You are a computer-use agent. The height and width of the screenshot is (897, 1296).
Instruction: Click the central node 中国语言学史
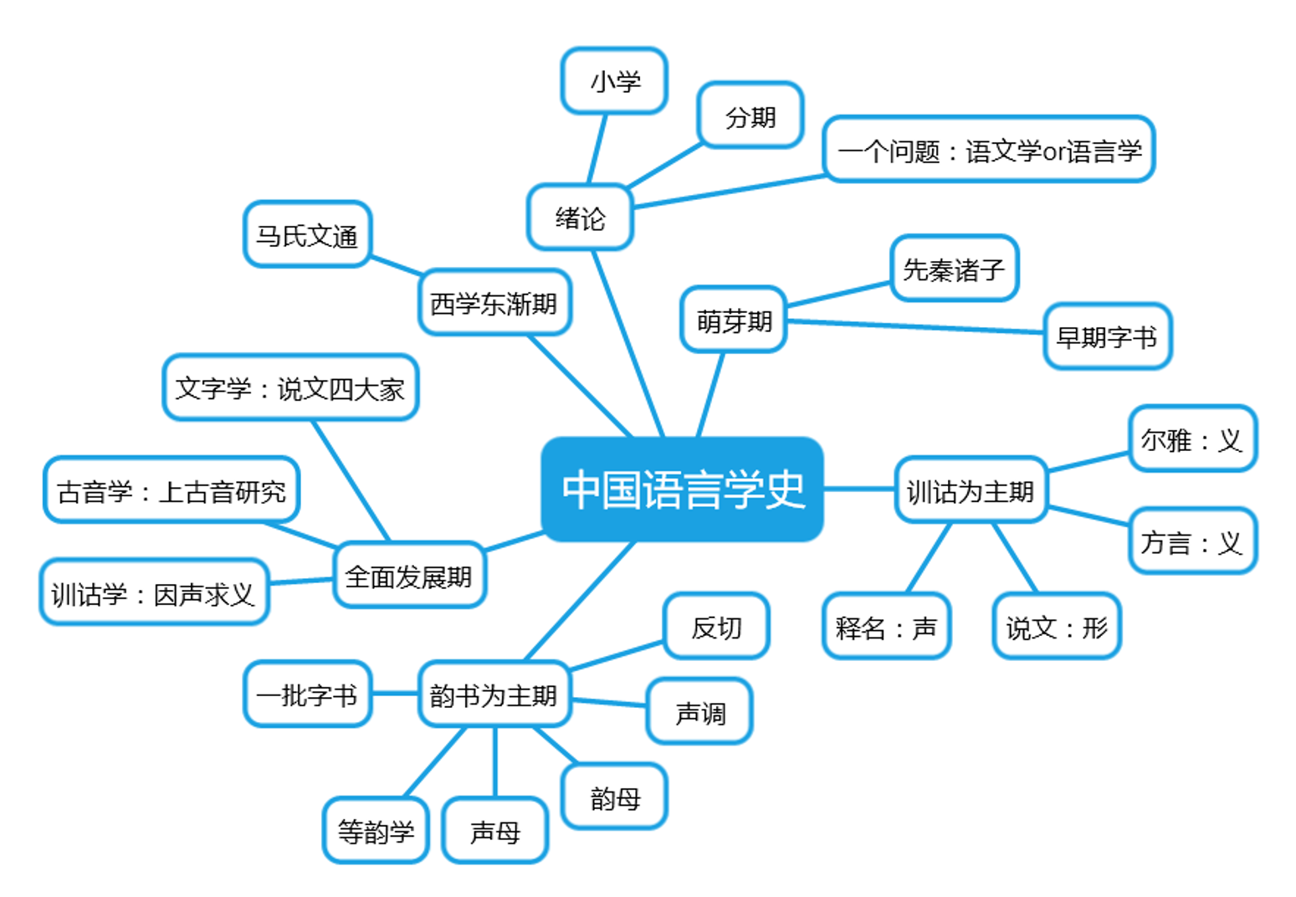[x=682, y=490]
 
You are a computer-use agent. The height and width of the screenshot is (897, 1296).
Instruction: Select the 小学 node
[x=614, y=81]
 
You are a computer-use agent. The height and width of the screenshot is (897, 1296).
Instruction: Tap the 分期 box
[x=750, y=116]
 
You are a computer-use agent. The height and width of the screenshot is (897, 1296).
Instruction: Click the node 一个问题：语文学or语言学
[x=989, y=150]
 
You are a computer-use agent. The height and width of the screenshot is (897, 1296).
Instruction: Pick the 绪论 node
[x=580, y=218]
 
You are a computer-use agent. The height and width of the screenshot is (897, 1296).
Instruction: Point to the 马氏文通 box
[x=307, y=235]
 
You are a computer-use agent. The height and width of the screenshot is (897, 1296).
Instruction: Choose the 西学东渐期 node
[x=494, y=303]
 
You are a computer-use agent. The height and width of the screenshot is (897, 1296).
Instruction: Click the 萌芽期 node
[x=734, y=320]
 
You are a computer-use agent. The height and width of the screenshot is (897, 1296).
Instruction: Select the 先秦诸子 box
[x=954, y=269]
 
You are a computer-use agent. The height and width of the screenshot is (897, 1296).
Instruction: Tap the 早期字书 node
[x=1107, y=336]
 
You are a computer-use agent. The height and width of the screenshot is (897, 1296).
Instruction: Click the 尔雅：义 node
[x=1192, y=439]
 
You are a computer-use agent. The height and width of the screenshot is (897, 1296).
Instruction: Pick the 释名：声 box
[x=886, y=627]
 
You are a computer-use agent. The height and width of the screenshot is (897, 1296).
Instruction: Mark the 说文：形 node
[x=1057, y=627]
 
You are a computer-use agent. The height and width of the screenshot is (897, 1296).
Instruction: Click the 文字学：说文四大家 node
[x=289, y=388]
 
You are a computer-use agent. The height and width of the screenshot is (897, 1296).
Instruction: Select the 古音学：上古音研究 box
[x=172, y=490]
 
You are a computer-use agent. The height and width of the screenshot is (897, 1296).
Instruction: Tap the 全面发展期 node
[x=409, y=576]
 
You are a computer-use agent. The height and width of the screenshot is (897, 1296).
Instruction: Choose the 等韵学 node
[x=376, y=831]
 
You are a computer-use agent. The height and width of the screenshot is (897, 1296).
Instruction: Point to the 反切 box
[x=716, y=627]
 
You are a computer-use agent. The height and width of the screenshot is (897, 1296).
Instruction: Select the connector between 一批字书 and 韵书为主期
[x=395, y=694]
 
